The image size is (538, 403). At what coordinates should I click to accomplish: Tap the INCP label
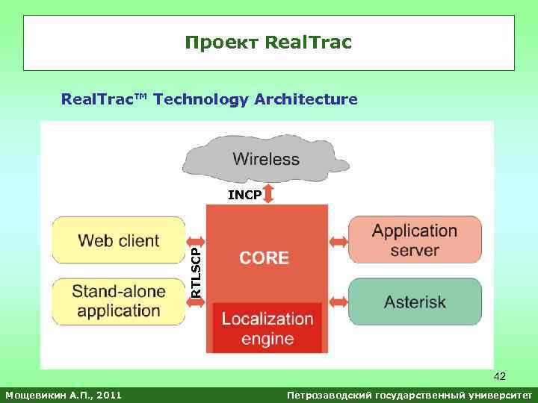point(244,196)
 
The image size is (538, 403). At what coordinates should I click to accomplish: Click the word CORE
point(264,258)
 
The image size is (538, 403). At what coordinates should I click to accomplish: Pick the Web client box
point(118,240)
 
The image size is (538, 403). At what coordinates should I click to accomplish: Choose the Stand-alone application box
point(118,301)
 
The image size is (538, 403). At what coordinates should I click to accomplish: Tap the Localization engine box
point(267,328)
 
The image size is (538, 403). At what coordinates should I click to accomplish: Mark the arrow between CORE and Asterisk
point(338,302)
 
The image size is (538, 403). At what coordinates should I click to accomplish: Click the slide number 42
point(500,377)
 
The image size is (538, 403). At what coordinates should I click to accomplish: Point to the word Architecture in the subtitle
point(306,99)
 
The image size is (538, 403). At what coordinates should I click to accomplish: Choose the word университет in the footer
point(496,393)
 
